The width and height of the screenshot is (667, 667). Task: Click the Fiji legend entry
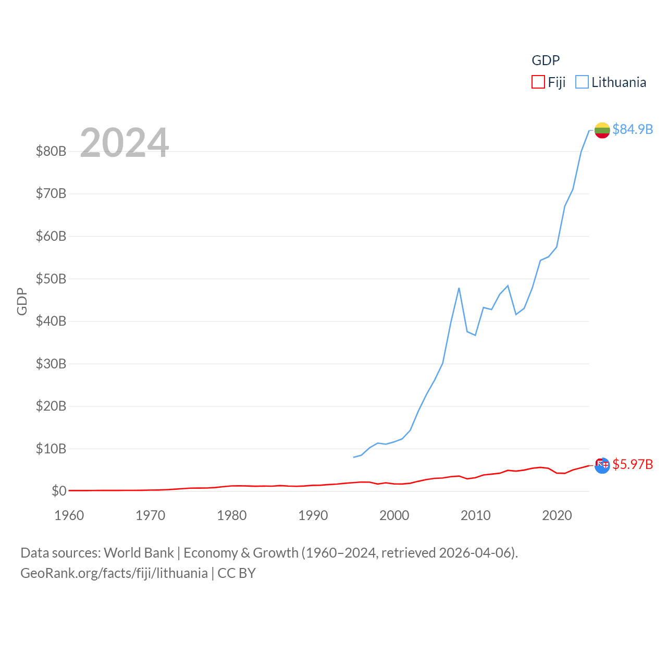(x=549, y=82)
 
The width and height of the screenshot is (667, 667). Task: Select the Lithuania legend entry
(x=611, y=82)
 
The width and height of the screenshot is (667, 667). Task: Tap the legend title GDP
(x=546, y=60)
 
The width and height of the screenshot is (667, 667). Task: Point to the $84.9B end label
(x=633, y=129)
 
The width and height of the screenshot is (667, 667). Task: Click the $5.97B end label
(x=633, y=464)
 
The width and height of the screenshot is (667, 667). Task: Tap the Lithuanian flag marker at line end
(x=602, y=130)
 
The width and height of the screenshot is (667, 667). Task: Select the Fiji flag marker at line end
(x=602, y=465)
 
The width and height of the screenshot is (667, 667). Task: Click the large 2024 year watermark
(x=125, y=143)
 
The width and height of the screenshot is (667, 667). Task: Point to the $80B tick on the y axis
(x=51, y=152)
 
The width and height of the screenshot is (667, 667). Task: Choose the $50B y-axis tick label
(x=51, y=279)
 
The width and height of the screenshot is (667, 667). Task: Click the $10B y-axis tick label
(x=51, y=449)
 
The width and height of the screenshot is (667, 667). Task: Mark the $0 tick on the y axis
(x=59, y=491)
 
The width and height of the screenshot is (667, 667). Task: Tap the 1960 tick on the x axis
(x=69, y=516)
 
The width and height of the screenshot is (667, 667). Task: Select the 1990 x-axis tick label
(x=313, y=516)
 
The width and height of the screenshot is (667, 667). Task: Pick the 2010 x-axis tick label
(x=476, y=516)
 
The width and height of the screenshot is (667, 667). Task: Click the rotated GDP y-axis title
(x=22, y=301)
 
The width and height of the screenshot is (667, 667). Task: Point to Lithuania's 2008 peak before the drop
(x=459, y=288)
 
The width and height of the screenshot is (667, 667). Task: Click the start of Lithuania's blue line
(x=354, y=457)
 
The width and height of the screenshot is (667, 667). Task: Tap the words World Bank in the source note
(x=139, y=553)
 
